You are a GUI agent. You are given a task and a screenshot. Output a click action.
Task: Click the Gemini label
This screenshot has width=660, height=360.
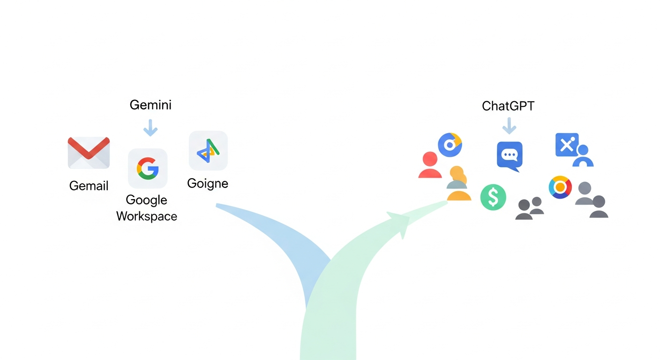[x=150, y=105]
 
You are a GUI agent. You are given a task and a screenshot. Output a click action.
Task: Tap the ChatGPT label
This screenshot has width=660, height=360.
[x=508, y=106]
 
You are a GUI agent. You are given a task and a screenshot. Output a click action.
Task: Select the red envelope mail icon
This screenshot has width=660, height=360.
[x=89, y=153]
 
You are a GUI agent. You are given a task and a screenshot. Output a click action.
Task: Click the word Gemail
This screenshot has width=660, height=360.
[x=89, y=186]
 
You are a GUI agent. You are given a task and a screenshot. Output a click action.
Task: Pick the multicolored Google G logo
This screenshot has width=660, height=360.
[x=148, y=168]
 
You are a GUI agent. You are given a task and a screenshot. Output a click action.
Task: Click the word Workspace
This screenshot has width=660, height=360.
[x=147, y=216]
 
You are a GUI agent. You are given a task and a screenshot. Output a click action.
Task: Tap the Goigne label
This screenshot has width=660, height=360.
[x=208, y=184]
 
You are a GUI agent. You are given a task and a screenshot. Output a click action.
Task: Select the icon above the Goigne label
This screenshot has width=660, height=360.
[x=208, y=150]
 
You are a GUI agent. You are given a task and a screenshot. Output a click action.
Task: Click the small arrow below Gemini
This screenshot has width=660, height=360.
[x=150, y=127]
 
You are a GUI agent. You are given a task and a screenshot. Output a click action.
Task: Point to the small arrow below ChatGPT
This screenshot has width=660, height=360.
[x=509, y=126]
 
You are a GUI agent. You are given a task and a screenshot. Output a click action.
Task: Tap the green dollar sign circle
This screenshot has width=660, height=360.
[x=493, y=197]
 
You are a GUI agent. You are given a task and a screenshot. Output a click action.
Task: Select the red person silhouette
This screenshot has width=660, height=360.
[x=430, y=165]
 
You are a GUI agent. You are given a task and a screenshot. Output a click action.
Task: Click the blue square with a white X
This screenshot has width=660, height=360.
[x=567, y=145]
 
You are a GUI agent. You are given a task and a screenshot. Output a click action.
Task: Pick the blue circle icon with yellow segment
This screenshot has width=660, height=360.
[x=450, y=145]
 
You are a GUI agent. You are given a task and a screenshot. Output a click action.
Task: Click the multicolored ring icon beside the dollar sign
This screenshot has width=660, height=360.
[x=560, y=187]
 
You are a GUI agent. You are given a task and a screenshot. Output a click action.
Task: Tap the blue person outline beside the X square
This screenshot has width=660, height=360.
[x=583, y=156]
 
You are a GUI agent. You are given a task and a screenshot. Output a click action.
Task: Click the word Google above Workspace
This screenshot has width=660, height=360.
[x=146, y=200]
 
